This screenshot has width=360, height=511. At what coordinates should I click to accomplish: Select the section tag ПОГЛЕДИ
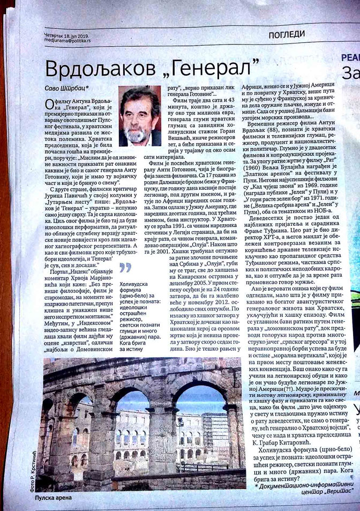click(294, 36)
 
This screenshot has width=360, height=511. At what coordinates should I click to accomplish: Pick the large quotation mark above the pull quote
click(127, 266)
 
